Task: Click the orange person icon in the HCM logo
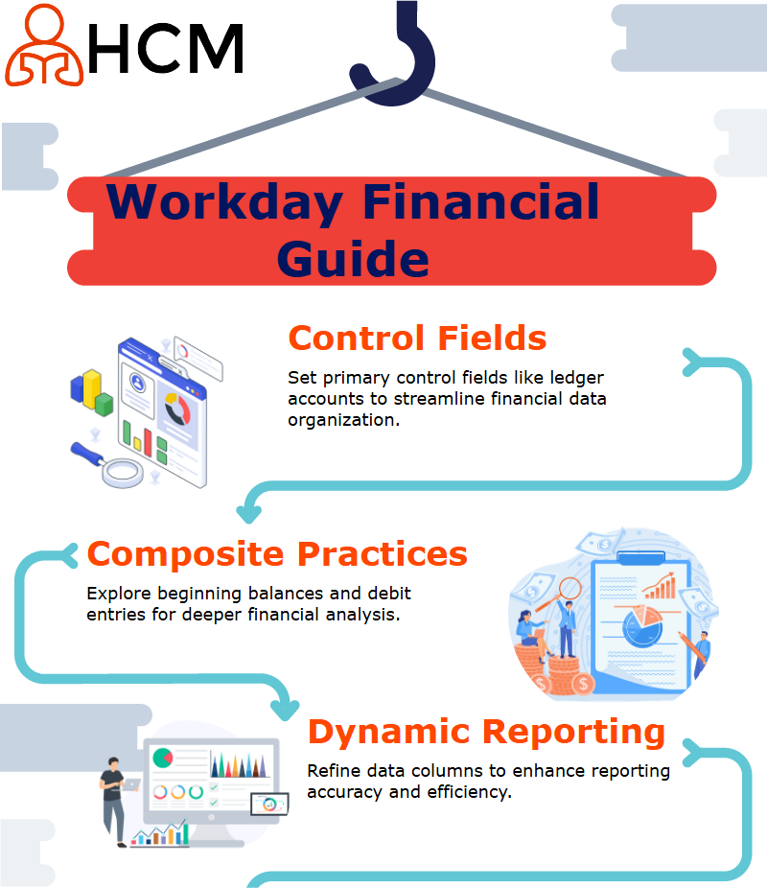point(44,45)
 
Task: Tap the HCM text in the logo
point(166,49)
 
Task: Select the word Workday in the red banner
point(224,202)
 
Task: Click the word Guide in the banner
point(353,259)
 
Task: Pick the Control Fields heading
point(417,339)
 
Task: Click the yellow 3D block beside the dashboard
point(92,388)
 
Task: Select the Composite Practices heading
point(277,554)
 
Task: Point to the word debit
point(389,593)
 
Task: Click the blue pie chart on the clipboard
point(642,627)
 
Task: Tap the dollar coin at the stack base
point(583,684)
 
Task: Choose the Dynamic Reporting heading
point(486,732)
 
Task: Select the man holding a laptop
point(116,802)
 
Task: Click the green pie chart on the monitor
point(162,758)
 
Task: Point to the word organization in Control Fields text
point(343,420)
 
